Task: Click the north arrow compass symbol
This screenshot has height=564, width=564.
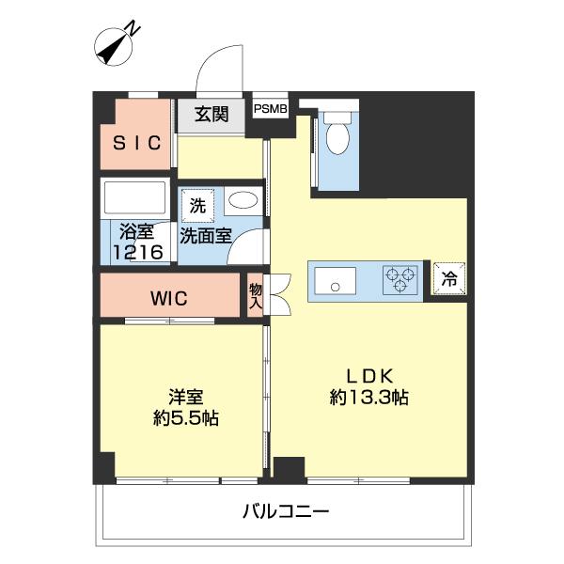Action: [x=117, y=44]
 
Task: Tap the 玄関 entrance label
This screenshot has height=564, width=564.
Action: [x=211, y=115]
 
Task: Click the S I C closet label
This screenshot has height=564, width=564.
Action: [x=137, y=143]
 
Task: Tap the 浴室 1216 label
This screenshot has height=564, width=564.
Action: [x=137, y=241]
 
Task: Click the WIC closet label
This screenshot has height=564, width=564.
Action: [x=169, y=299]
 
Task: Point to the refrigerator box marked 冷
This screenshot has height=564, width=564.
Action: [x=448, y=279]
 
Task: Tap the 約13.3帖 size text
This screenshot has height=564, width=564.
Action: [x=368, y=397]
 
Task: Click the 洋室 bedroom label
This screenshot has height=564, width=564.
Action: [x=186, y=396]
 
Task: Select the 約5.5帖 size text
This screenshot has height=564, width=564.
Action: [x=186, y=419]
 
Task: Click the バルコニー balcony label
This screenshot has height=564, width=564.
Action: [x=285, y=512]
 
